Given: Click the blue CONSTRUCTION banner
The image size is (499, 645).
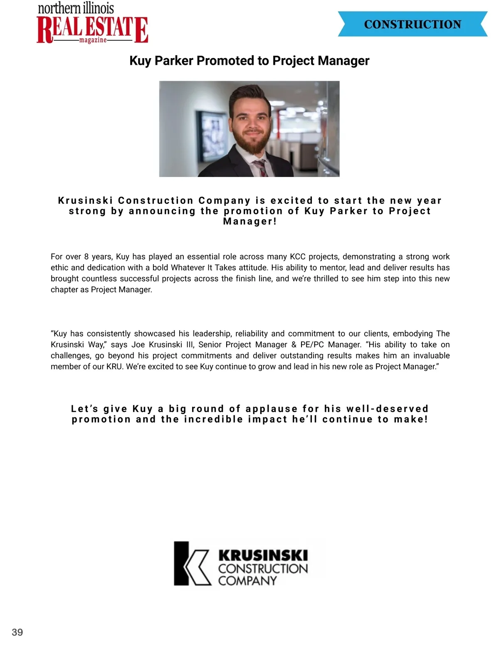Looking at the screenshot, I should click(412, 24).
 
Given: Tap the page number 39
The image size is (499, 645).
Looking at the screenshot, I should click(17, 632).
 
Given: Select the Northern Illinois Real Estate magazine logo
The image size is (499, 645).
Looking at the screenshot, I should click(92, 23).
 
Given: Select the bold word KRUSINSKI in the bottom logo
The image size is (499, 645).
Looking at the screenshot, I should click(263, 555).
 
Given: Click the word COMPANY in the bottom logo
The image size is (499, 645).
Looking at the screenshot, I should click(247, 581).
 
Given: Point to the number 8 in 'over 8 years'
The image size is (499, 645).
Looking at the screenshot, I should click(86, 257).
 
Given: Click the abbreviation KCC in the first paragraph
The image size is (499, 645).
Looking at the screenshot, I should click(297, 257).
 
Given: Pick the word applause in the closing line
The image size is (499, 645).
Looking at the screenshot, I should click(272, 409).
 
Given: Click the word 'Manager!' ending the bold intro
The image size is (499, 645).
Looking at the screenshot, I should click(250, 221).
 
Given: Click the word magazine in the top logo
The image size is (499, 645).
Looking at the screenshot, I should click(93, 40).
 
